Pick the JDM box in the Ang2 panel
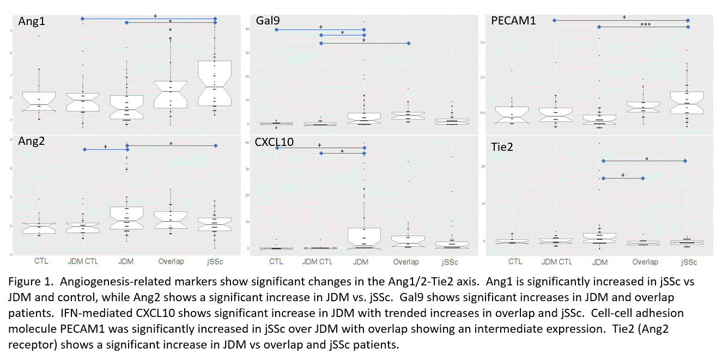click(x=127, y=217)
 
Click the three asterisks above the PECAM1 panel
click(x=645, y=25)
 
